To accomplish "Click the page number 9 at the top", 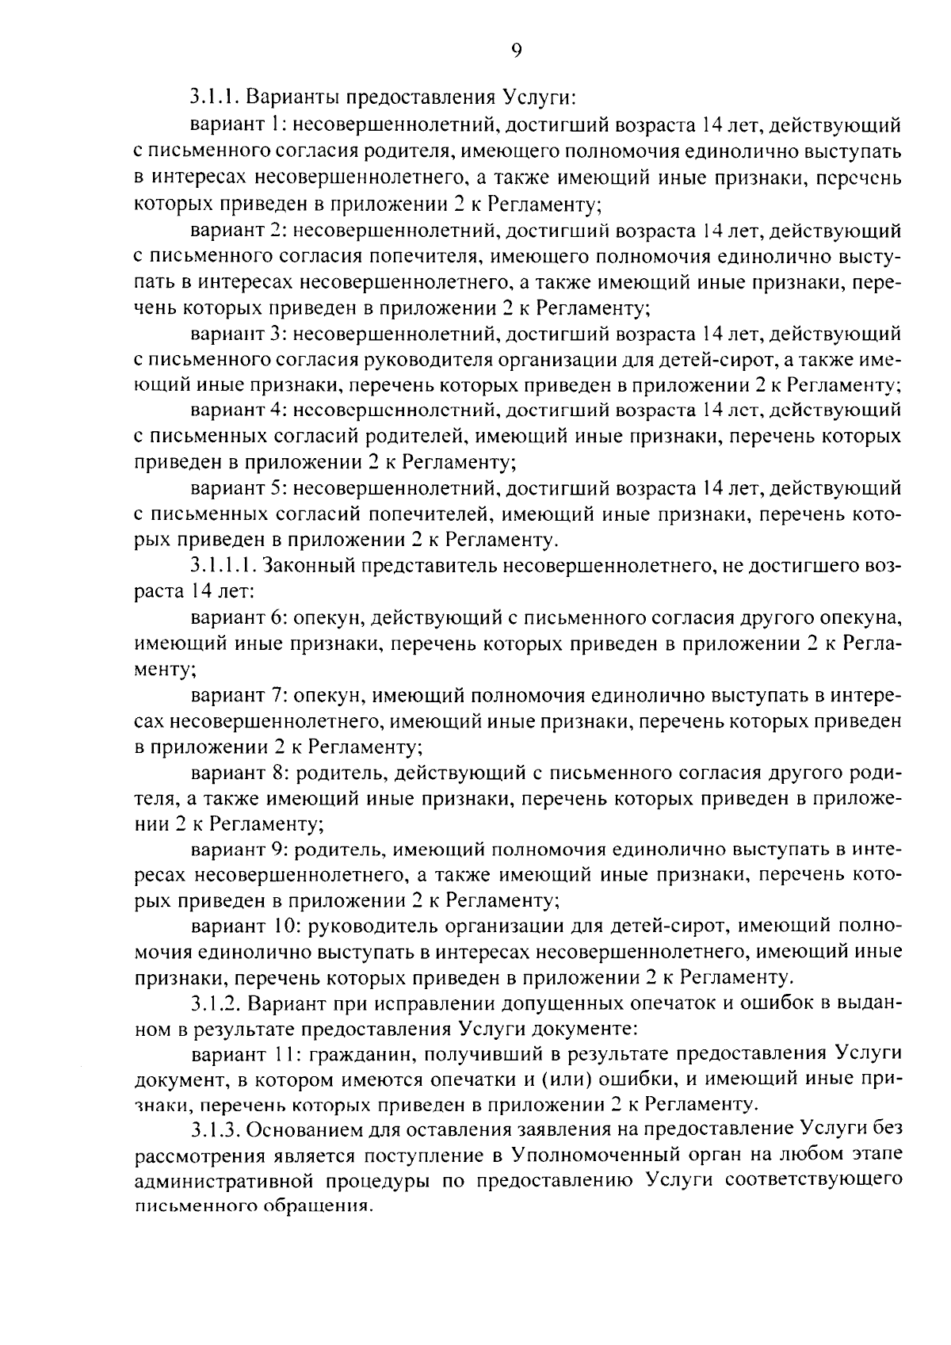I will coord(516,51).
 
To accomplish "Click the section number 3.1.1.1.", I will coord(223,565).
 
